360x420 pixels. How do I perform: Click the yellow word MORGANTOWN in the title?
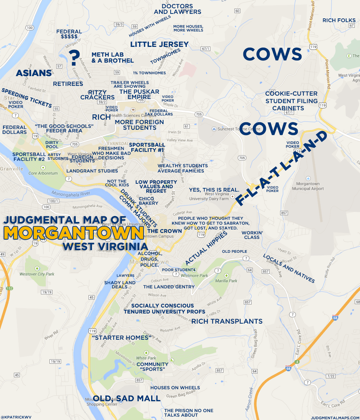pyautogui.click(x=74, y=233)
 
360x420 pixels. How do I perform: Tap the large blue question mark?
pyautogui.click(x=75, y=57)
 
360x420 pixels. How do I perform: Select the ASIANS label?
pyautogui.click(x=34, y=73)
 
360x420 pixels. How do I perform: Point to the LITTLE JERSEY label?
pyautogui.click(x=159, y=44)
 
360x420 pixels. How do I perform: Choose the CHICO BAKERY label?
pyautogui.click(x=148, y=201)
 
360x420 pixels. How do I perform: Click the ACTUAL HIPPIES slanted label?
pyautogui.click(x=206, y=248)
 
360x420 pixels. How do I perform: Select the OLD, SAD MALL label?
pyautogui.click(x=127, y=398)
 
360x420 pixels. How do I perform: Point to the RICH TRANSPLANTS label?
pyautogui.click(x=227, y=321)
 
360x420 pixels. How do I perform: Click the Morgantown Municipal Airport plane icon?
pyautogui.click(x=308, y=178)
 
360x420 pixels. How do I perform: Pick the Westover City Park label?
pyautogui.click(x=37, y=274)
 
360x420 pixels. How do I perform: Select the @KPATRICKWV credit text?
pyautogui.click(x=16, y=417)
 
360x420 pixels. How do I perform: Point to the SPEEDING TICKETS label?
pyautogui.click(x=26, y=98)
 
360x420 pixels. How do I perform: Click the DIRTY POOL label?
pyautogui.click(x=52, y=145)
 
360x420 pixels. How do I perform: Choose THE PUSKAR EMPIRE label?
pyautogui.click(x=139, y=94)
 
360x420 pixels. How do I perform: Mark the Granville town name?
pyautogui.click(x=12, y=169)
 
